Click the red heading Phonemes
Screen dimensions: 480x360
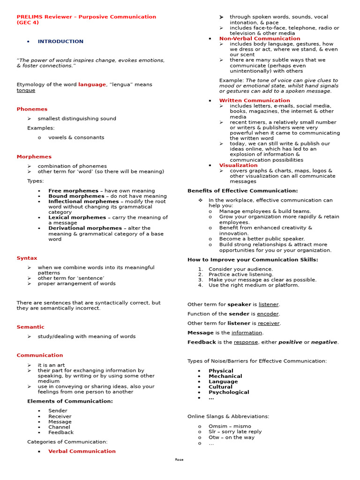pyautogui.click(x=32, y=109)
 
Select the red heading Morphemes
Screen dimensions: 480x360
pyautogui.click(x=34, y=157)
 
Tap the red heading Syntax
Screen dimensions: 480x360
pyautogui.click(x=27, y=258)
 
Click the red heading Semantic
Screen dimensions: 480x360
pyautogui.click(x=30, y=327)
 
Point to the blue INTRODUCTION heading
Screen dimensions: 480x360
pyautogui.click(x=60, y=42)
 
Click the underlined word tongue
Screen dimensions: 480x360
pyautogui.click(x=26, y=90)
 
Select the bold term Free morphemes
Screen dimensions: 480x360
pyautogui.click(x=73, y=191)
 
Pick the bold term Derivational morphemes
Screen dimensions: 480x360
pyautogui.click(x=85, y=228)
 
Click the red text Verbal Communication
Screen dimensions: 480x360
pyautogui.click(x=82, y=451)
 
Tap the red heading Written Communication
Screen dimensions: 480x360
pyautogui.click(x=255, y=100)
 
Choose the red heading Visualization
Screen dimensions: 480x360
pyautogui.click(x=238, y=165)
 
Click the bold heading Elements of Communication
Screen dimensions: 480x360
pyautogui.click(x=70, y=401)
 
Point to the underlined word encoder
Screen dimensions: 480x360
pyautogui.click(x=268, y=314)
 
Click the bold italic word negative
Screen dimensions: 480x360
pyautogui.click(x=324, y=342)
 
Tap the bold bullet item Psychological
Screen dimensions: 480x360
pyautogui.click(x=229, y=392)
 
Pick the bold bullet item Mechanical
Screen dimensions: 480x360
pyautogui.click(x=225, y=376)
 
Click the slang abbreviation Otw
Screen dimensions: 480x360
pyautogui.click(x=214, y=437)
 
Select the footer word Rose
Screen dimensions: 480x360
pyautogui.click(x=180, y=460)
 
